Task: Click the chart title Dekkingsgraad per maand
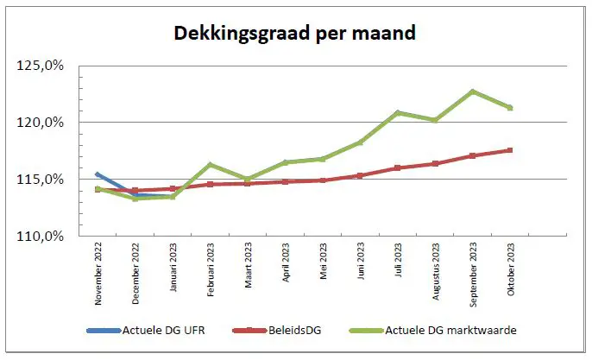click(x=295, y=34)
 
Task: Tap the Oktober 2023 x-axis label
click(x=510, y=271)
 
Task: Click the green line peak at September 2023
click(x=473, y=92)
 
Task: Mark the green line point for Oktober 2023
click(x=510, y=108)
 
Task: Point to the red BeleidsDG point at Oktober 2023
click(x=510, y=150)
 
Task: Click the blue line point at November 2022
click(x=98, y=174)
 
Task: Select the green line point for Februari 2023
click(x=211, y=165)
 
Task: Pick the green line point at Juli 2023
click(x=398, y=113)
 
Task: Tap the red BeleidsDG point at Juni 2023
click(x=360, y=175)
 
